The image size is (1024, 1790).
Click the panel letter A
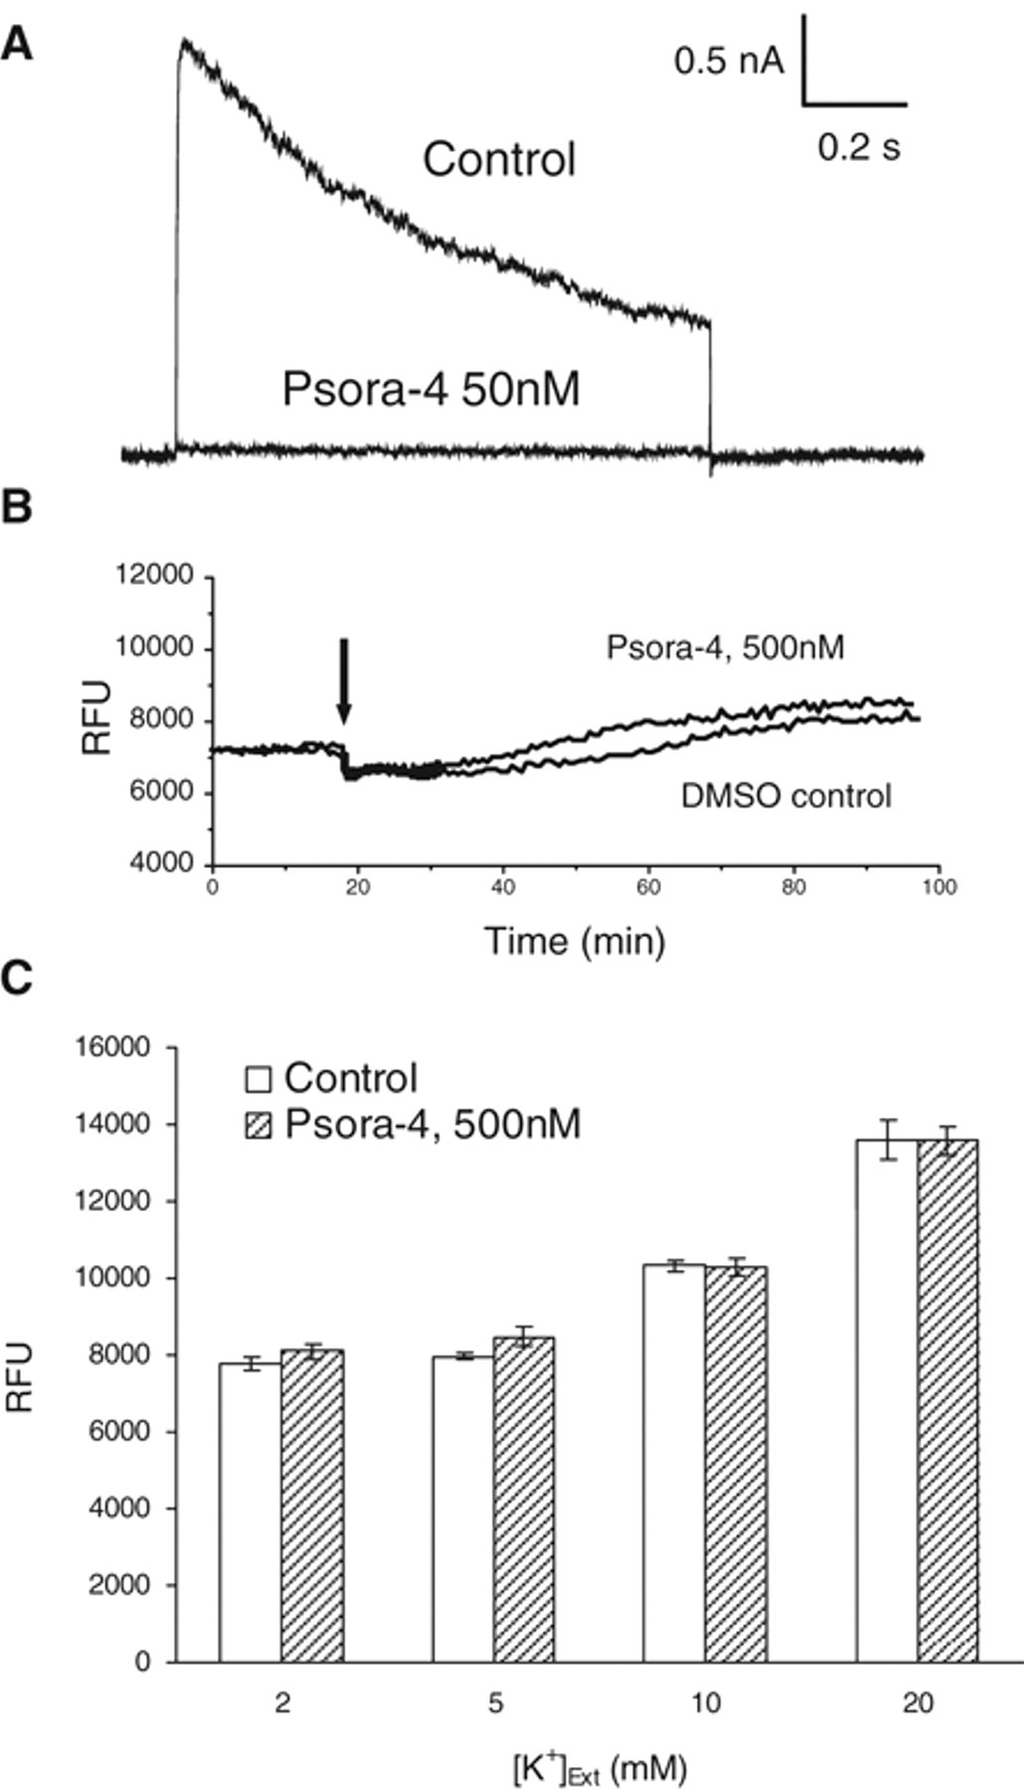pyautogui.click(x=16, y=44)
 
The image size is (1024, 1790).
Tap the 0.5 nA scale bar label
pyautogui.click(x=729, y=62)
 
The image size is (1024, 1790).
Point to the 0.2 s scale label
pyautogui.click(x=859, y=147)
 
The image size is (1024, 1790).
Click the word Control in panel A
pyautogui.click(x=499, y=159)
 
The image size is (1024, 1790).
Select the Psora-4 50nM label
pyautogui.click(x=430, y=389)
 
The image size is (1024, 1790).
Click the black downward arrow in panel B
pyautogui.click(x=343, y=682)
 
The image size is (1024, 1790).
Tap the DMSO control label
pyautogui.click(x=785, y=796)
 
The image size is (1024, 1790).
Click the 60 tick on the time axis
pyautogui.click(x=648, y=886)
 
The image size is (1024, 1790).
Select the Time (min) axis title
pyautogui.click(x=575, y=940)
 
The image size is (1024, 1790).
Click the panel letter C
pyautogui.click(x=17, y=979)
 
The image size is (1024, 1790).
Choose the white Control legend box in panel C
pyautogui.click(x=258, y=1079)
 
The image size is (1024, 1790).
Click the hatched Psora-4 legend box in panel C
pyautogui.click(x=258, y=1126)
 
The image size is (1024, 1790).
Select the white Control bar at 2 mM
pyautogui.click(x=251, y=1513)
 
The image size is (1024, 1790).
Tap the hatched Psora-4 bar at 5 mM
pyautogui.click(x=524, y=1500)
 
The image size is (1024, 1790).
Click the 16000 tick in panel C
pyautogui.click(x=117, y=1047)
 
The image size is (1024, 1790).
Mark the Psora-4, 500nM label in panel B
pyautogui.click(x=725, y=648)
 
